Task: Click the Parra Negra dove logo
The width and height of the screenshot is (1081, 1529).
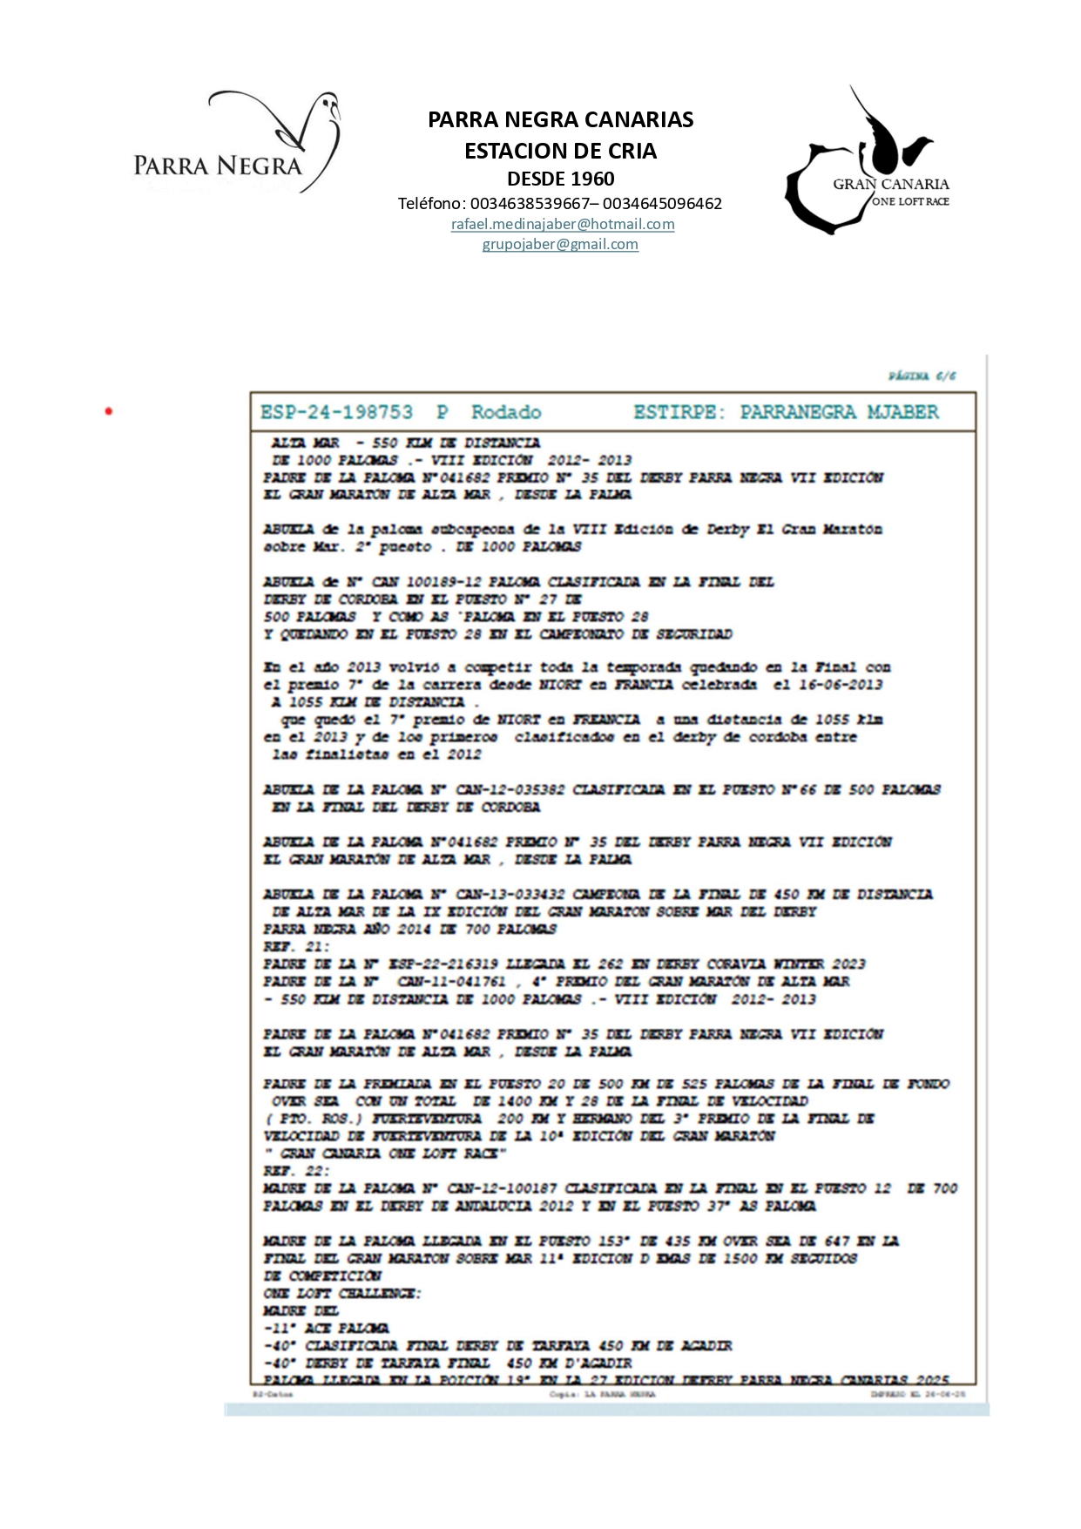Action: click(236, 142)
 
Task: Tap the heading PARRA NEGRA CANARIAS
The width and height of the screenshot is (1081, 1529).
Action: click(560, 119)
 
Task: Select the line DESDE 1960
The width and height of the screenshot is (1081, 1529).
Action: click(560, 179)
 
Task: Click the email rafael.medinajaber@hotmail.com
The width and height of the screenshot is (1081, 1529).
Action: click(562, 224)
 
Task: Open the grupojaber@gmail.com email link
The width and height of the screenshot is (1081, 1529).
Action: click(560, 244)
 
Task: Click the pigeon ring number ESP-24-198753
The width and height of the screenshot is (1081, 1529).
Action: click(336, 412)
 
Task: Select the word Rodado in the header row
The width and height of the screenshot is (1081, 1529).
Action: click(506, 412)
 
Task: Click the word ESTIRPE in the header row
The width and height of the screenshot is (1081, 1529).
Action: click(678, 412)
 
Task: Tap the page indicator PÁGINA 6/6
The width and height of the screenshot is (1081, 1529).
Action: click(922, 375)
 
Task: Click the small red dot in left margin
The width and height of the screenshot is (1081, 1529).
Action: click(109, 411)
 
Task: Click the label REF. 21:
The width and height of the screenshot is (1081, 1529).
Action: click(296, 946)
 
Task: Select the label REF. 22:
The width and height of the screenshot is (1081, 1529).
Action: click(296, 1171)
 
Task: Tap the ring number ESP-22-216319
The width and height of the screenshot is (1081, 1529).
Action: click(443, 964)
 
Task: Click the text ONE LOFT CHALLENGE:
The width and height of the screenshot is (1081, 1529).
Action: click(341, 1293)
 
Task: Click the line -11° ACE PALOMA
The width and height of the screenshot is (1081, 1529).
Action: click(326, 1328)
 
